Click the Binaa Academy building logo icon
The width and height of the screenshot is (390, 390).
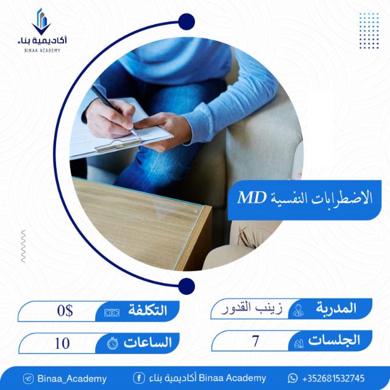click(x=41, y=21)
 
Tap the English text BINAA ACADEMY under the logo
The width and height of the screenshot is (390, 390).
click(x=42, y=51)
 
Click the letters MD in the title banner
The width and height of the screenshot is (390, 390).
click(x=252, y=198)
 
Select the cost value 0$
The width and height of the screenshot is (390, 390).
click(x=65, y=311)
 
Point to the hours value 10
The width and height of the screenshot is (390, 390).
click(x=62, y=344)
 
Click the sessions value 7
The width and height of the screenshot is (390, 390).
click(x=255, y=341)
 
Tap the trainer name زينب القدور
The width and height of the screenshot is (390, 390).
click(x=252, y=309)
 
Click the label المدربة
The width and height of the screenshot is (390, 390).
click(x=336, y=308)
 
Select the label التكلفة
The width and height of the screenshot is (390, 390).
click(x=147, y=310)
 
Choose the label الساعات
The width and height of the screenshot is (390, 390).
click(x=147, y=342)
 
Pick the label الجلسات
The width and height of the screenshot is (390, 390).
click(x=334, y=340)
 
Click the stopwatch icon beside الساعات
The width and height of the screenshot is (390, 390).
click(x=113, y=343)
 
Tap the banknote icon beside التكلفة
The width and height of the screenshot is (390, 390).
click(x=112, y=313)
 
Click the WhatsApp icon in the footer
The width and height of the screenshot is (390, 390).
click(x=292, y=378)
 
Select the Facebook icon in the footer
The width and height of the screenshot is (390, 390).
click(x=139, y=378)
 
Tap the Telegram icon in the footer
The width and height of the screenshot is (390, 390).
click(x=28, y=379)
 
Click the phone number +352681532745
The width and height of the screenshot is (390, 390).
click(x=333, y=378)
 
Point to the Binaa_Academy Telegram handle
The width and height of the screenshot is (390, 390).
click(x=72, y=379)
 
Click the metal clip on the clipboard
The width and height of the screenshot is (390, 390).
click(x=118, y=145)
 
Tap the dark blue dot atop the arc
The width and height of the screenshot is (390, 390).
click(x=186, y=22)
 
